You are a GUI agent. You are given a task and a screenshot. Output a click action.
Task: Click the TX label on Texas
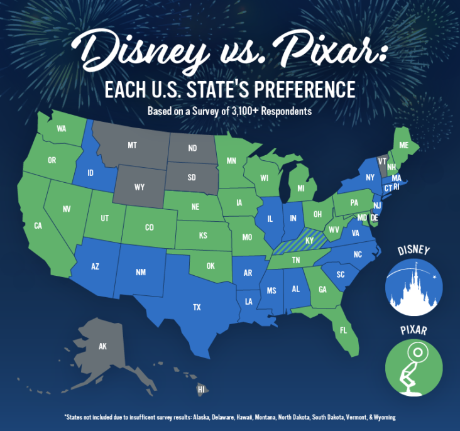[x=197, y=307]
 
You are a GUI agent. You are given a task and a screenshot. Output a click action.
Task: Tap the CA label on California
[x=38, y=226]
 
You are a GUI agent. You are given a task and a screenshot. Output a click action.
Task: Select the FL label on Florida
[x=343, y=329]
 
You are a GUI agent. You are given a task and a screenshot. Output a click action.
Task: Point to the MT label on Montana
[x=132, y=145]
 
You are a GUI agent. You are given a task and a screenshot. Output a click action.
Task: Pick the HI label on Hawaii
[x=201, y=390]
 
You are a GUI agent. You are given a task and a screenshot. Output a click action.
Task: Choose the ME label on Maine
[x=404, y=145]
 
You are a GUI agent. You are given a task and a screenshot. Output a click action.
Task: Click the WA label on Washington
[x=62, y=129]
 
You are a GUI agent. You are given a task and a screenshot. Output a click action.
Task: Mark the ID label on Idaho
[x=90, y=171]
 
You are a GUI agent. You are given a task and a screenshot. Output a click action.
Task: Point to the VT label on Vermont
[x=382, y=160]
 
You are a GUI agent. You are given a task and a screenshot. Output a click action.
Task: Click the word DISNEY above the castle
[x=413, y=251]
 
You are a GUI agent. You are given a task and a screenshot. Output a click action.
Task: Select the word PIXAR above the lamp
[x=413, y=329]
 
